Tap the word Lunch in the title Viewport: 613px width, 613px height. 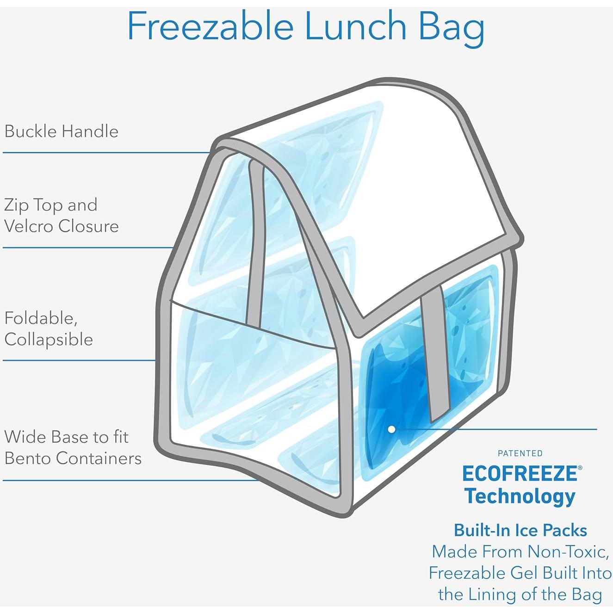click(x=355, y=26)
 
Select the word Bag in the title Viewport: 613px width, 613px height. click(x=451, y=28)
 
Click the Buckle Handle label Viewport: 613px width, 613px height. click(x=62, y=131)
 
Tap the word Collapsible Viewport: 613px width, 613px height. click(x=49, y=340)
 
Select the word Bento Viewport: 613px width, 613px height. click(x=29, y=458)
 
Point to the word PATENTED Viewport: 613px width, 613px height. click(x=520, y=453)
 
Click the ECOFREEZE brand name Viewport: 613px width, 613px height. click(x=520, y=474)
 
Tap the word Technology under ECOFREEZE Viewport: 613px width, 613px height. click(x=520, y=496)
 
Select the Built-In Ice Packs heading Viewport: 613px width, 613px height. click(x=520, y=530)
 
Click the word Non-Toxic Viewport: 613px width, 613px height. click(x=568, y=551)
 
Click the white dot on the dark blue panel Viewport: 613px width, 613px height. click(x=391, y=429)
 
